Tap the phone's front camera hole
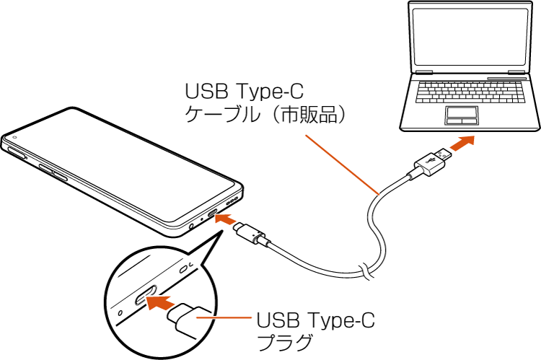(14, 137)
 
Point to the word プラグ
(285, 342)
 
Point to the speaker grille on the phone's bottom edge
(232, 201)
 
